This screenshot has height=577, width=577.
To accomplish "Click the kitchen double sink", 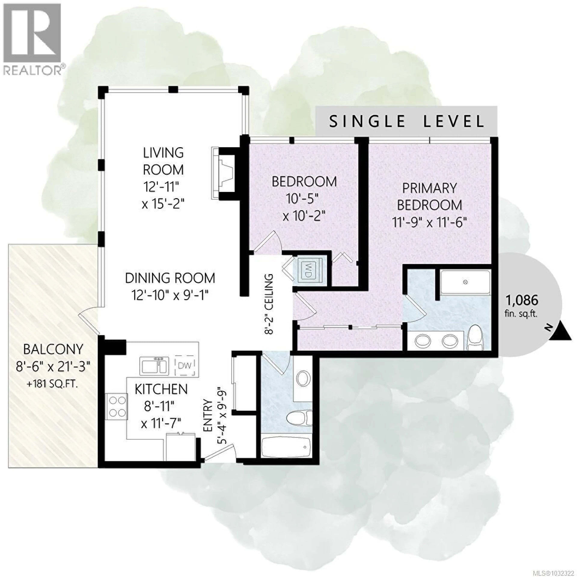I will click(154, 365).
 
